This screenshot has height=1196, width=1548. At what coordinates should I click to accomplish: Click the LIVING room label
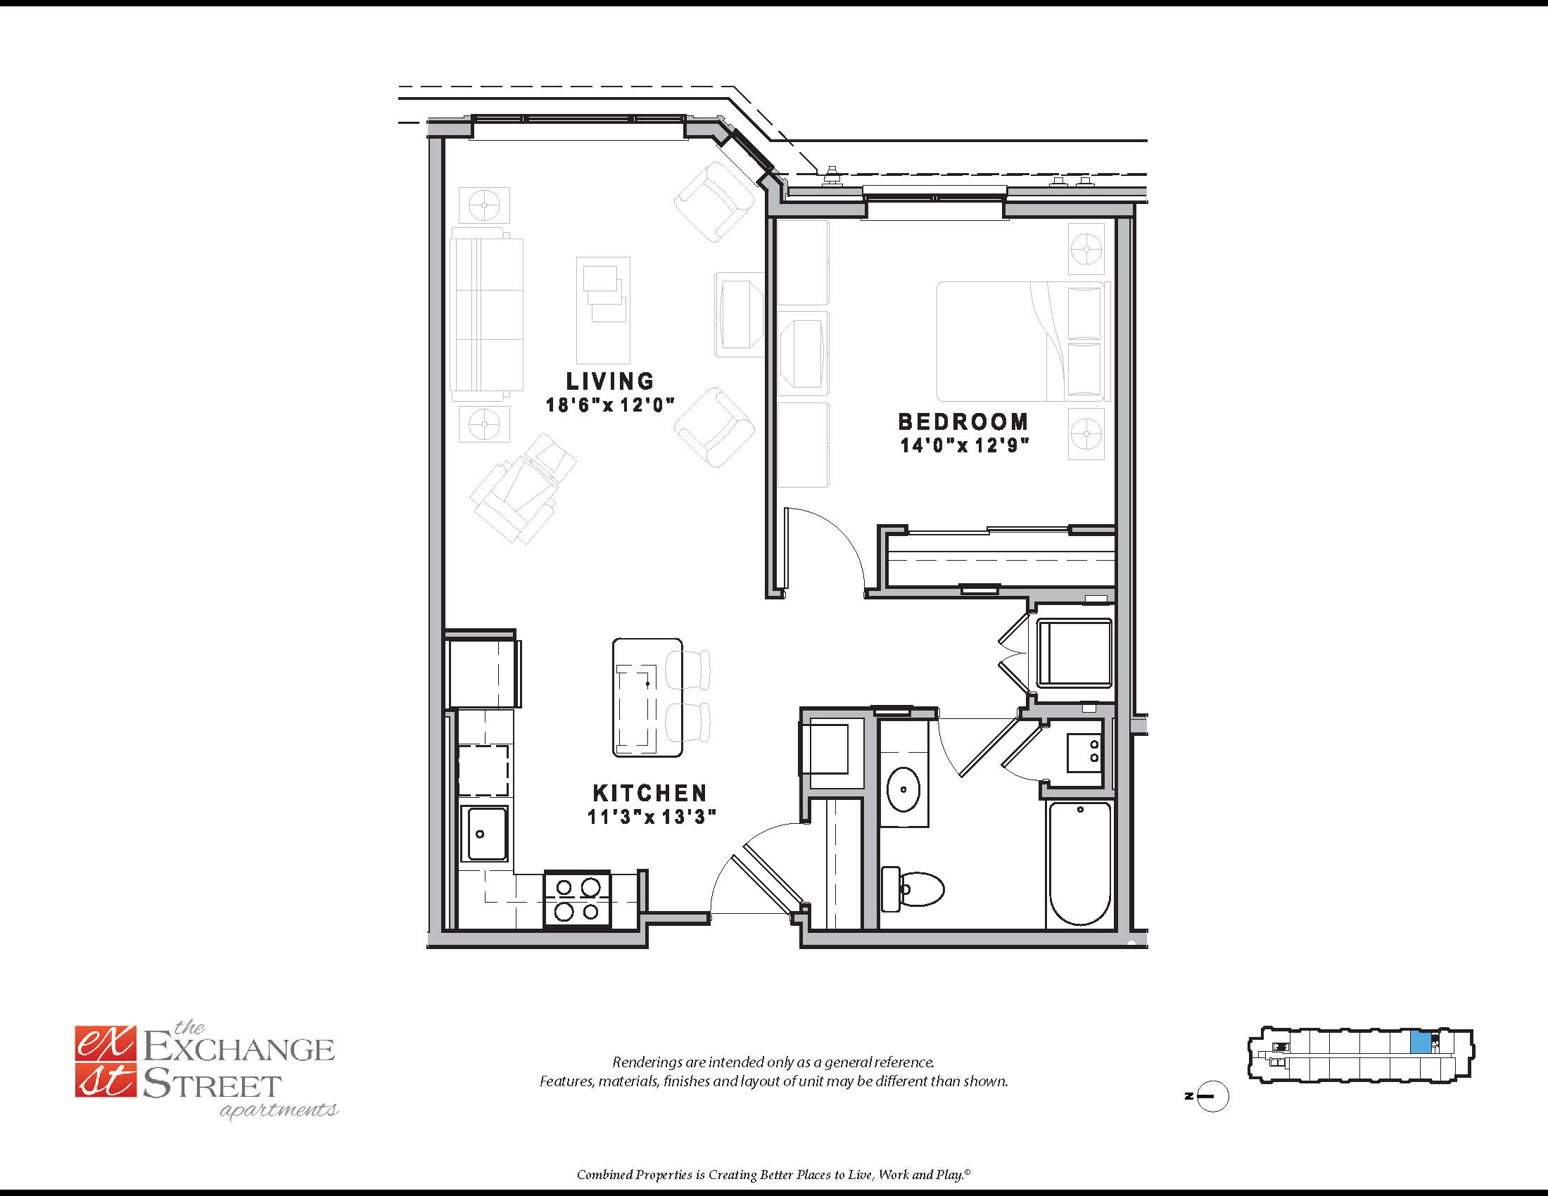tap(609, 381)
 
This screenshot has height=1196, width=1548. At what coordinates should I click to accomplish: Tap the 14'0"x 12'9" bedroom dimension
tap(964, 445)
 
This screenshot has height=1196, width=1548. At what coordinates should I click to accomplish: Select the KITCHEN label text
tap(650, 793)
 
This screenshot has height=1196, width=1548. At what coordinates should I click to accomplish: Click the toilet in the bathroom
tap(914, 889)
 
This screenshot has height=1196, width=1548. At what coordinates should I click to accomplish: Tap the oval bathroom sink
tap(903, 789)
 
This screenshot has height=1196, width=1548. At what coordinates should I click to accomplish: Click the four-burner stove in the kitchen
tap(577, 899)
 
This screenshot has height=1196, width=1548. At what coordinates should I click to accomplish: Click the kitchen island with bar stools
tap(647, 697)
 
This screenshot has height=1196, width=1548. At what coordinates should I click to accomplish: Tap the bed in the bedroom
tap(1021, 341)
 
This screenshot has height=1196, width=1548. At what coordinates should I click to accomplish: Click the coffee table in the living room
tap(603, 310)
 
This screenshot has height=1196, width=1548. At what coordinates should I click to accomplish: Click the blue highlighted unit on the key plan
tap(1420, 1042)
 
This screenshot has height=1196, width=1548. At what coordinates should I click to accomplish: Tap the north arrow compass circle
tap(1213, 1096)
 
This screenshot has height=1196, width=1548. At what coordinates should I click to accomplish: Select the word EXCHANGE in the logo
tap(239, 1050)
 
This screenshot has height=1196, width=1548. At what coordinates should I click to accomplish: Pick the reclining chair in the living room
tap(522, 489)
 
